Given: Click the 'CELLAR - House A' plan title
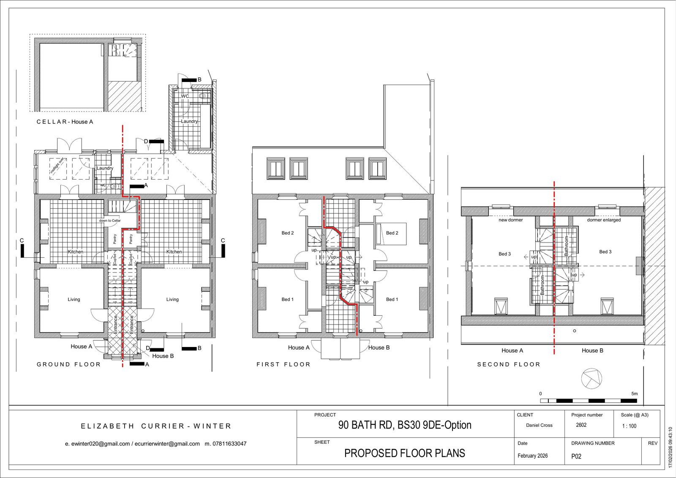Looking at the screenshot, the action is click(65, 122).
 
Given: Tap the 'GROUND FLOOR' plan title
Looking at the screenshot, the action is click(68, 364).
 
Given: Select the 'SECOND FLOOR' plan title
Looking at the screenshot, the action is click(509, 364).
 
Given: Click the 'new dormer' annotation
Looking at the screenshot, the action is click(511, 220).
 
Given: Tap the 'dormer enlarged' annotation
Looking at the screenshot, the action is click(604, 220).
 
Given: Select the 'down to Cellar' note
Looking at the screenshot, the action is click(110, 221).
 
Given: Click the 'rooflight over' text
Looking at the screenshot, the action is click(57, 166).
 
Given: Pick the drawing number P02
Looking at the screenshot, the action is click(576, 456).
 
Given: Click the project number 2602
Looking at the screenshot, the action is click(581, 425).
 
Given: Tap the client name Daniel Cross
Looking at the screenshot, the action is click(539, 425).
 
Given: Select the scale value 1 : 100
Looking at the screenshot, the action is click(629, 426).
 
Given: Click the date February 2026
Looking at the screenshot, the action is click(533, 456).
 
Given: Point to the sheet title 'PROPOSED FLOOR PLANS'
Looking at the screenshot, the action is click(405, 453).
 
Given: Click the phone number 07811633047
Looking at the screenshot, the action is click(230, 444).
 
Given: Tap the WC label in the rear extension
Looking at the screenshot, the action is click(185, 96).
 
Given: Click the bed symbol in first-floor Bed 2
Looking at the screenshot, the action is click(391, 234).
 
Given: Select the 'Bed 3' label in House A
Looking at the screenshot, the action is click(504, 254).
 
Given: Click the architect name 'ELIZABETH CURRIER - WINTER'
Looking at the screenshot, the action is click(156, 426).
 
